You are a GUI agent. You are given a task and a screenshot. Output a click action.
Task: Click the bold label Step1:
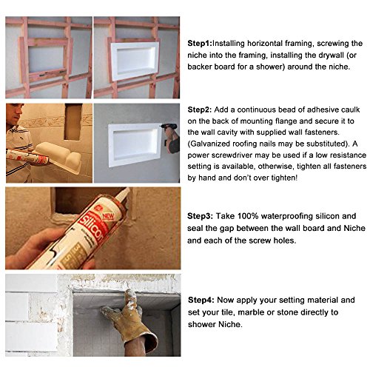click(x=200, y=44)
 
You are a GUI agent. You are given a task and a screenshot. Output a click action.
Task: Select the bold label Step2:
click(x=200, y=110)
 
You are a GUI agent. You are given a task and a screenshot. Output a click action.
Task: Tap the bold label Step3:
click(x=200, y=216)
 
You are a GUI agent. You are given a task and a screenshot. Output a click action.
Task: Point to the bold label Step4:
click(x=201, y=300)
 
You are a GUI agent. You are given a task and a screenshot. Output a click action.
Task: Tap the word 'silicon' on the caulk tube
click(x=92, y=227)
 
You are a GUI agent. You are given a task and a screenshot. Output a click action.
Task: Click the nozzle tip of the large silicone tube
click(x=127, y=189)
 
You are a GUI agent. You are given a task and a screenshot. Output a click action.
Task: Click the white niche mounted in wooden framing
click(x=135, y=61)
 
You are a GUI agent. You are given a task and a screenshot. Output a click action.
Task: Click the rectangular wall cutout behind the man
click(x=73, y=122)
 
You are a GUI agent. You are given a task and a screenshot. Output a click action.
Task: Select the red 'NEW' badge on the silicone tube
click(x=108, y=216)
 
